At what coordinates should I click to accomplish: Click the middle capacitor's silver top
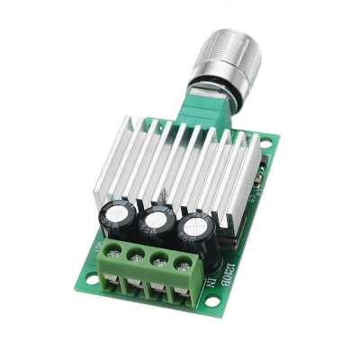point(159,219)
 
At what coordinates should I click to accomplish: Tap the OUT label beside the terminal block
point(97,242)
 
